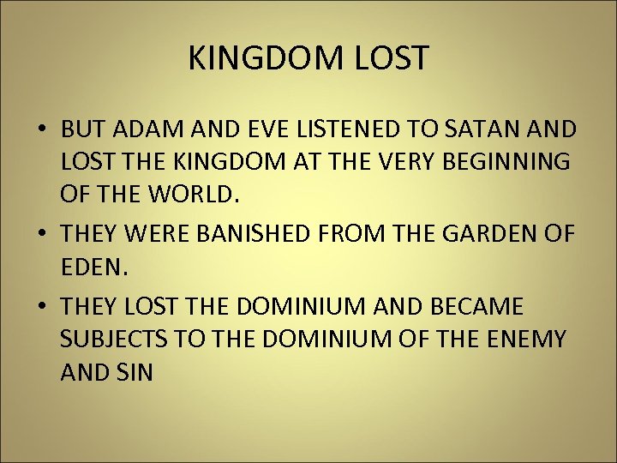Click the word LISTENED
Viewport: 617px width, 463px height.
346,129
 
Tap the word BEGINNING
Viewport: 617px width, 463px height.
506,163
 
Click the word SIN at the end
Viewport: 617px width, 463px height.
136,372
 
